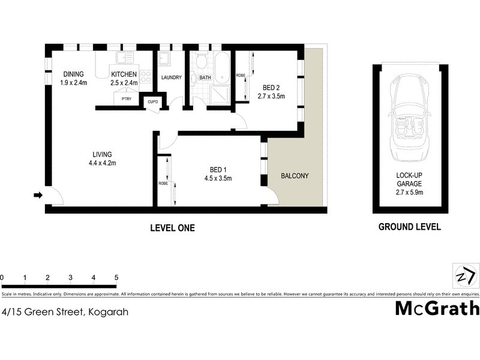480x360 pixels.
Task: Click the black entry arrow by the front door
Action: [x=38, y=195]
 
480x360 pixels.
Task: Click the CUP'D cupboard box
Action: [x=153, y=102]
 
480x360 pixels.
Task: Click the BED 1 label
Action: [x=218, y=169]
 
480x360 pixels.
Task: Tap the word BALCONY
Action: [x=295, y=176]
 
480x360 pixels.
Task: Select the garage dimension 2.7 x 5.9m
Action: [x=410, y=193]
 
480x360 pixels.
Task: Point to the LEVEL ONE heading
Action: [x=172, y=228]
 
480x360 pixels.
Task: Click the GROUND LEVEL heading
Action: [x=410, y=227]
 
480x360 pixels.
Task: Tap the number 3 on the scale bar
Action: [x=70, y=278]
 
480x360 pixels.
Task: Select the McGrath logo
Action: [x=437, y=308]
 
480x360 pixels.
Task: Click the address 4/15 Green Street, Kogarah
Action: [x=65, y=312]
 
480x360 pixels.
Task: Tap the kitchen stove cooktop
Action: [x=146, y=77]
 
